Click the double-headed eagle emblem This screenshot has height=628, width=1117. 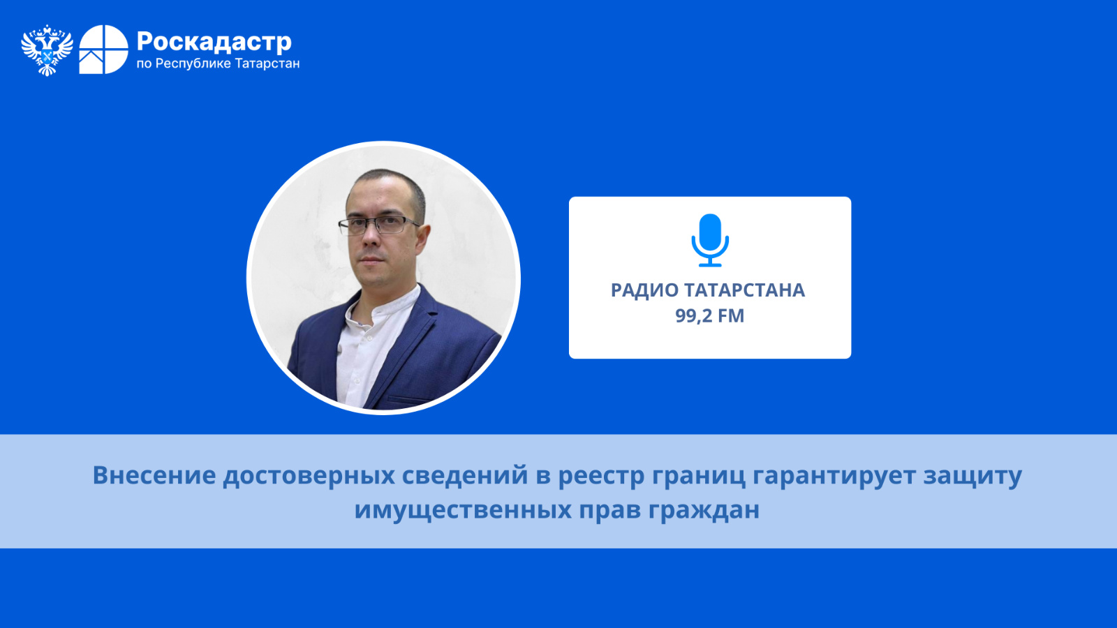coord(47,50)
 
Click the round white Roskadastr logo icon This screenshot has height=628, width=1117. coord(104,50)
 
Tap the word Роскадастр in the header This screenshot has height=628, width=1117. coord(214,42)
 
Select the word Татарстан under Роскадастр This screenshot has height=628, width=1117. coord(267,63)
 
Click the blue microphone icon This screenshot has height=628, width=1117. coord(709,240)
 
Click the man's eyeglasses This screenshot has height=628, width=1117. coord(378,225)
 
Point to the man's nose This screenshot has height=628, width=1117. coord(371,240)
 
